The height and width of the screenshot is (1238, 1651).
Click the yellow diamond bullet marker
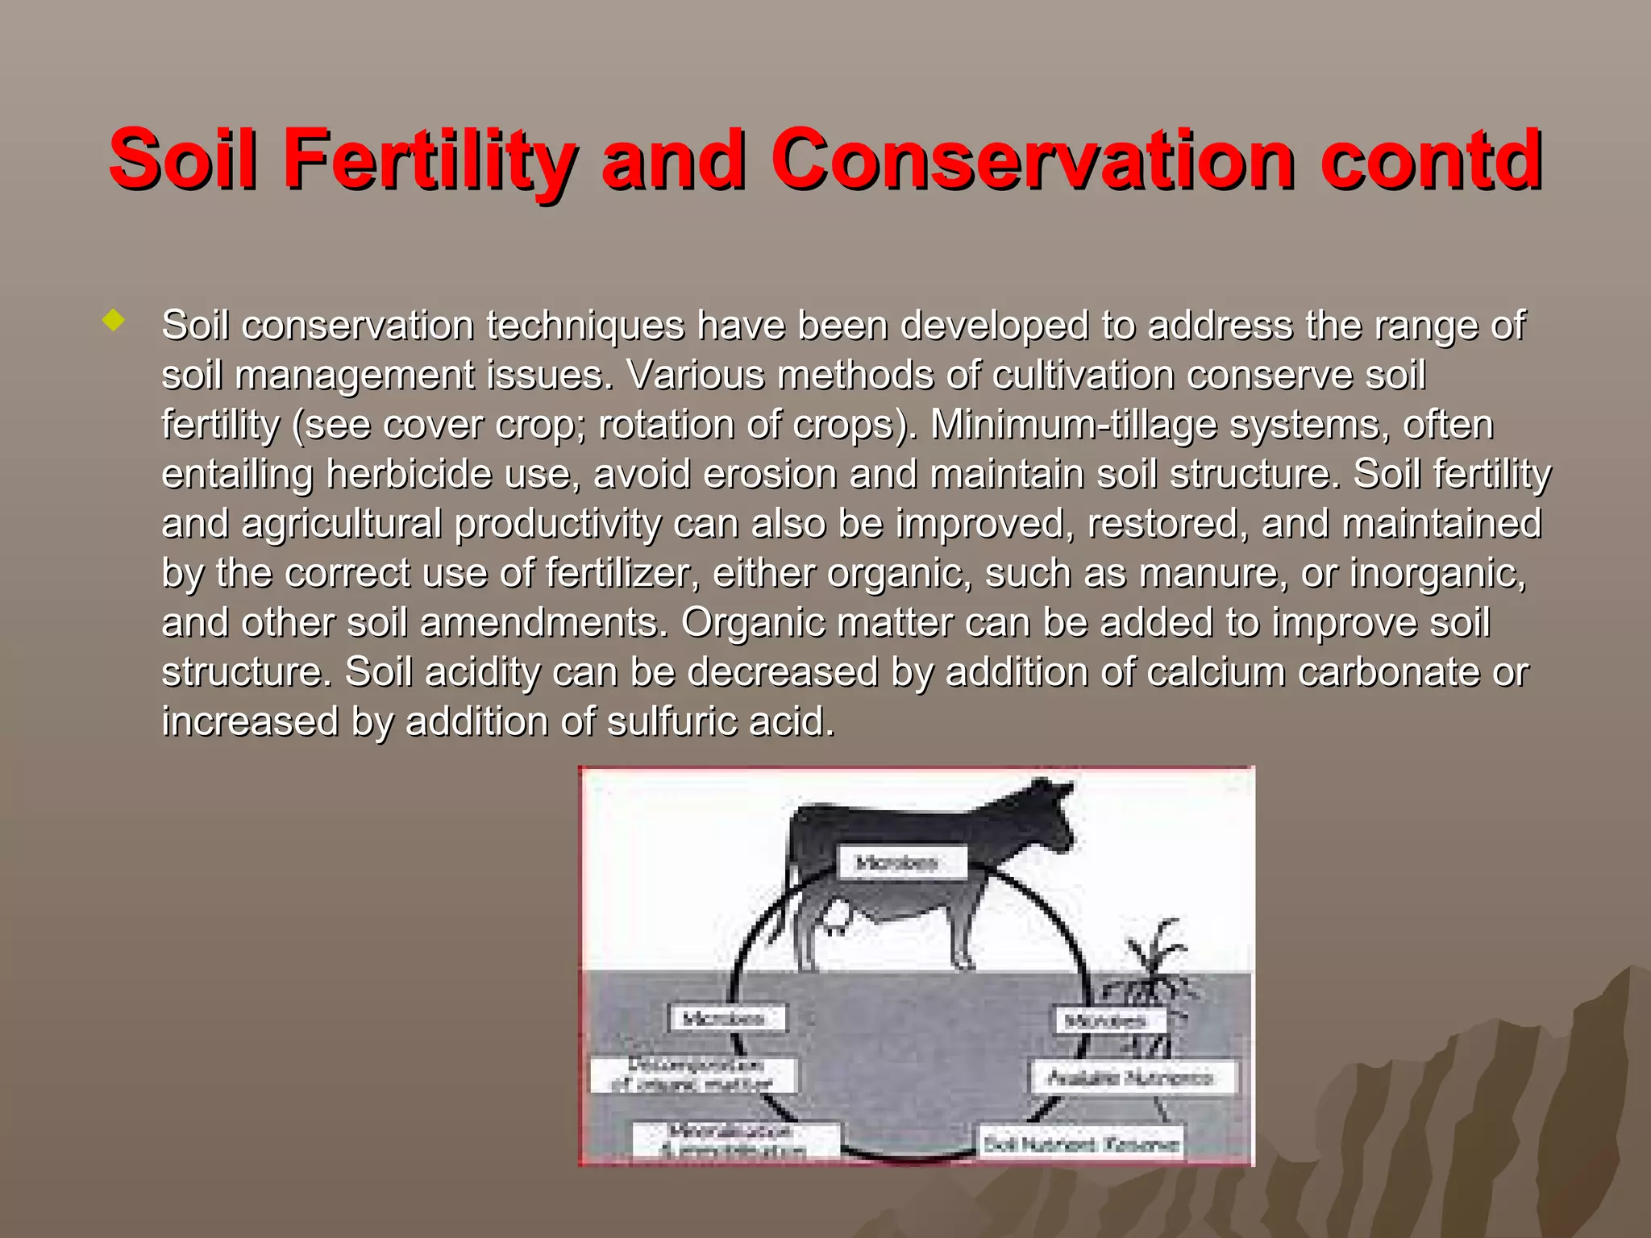114,322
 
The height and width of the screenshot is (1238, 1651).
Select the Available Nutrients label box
1133,1078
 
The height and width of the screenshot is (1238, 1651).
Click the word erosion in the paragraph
770,474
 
